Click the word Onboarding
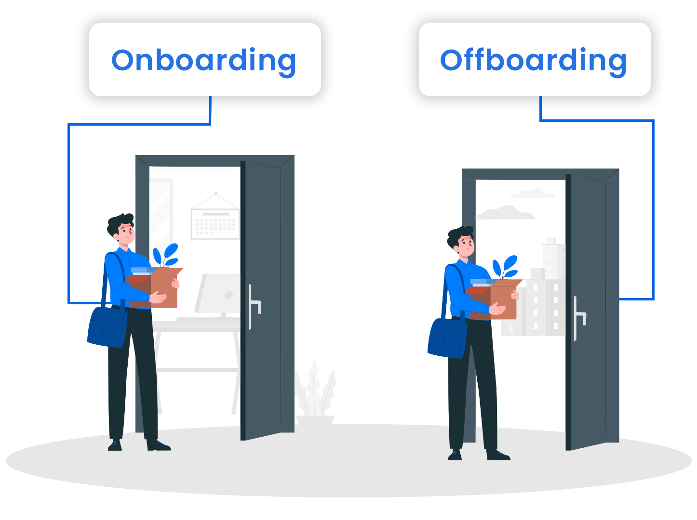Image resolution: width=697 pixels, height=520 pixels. point(204,60)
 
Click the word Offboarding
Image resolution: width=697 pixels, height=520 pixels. point(533,60)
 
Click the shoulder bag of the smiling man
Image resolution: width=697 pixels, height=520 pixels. point(107,327)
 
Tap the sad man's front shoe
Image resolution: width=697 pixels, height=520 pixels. point(498,455)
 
